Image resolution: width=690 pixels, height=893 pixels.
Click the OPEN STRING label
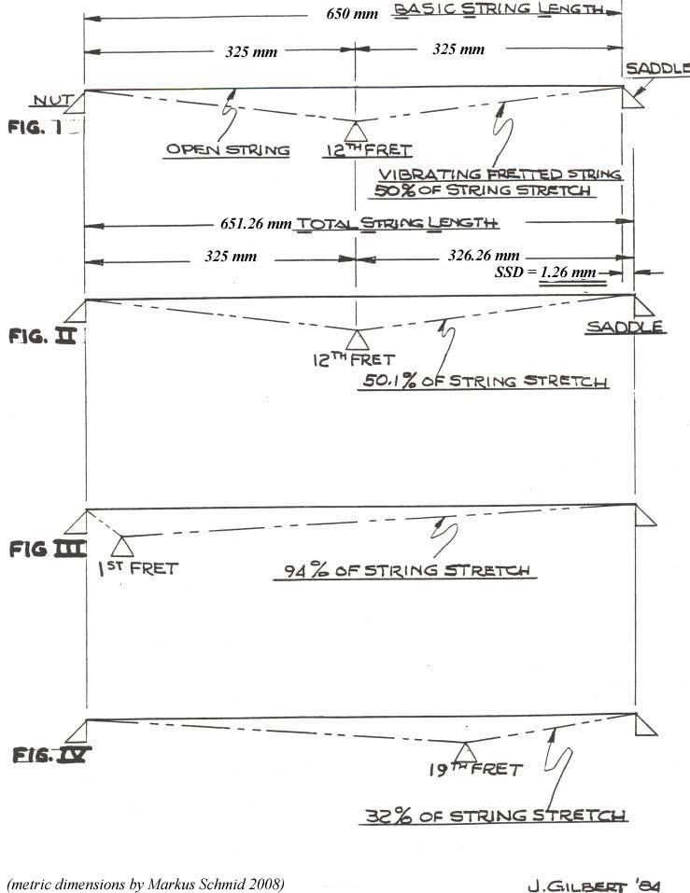tap(228, 149)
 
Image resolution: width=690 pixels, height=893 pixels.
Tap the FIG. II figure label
tap(42, 336)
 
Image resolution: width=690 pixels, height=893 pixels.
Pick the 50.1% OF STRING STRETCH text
tap(485, 381)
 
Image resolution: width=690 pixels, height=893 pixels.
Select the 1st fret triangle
tap(121, 546)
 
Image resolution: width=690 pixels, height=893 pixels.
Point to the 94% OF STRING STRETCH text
tap(405, 570)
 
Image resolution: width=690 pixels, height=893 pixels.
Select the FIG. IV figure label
tap(50, 754)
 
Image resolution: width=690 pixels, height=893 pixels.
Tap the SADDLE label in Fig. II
tap(625, 327)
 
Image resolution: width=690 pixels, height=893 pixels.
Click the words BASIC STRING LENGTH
tap(496, 10)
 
